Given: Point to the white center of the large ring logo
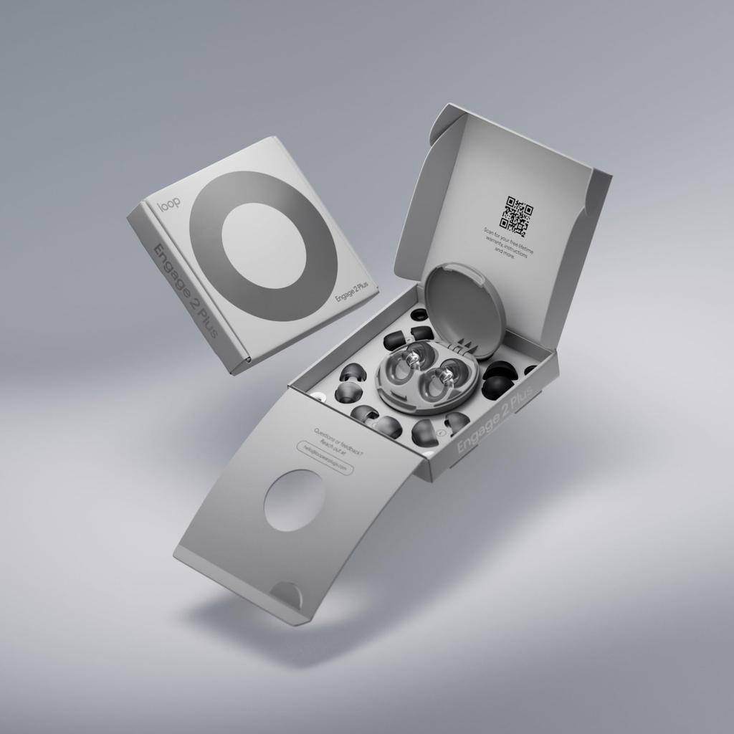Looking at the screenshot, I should click(263, 245).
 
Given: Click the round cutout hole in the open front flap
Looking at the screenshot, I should click(295, 500).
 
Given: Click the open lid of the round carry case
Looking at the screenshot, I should click(464, 308).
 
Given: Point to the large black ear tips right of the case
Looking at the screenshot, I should click(497, 381).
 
